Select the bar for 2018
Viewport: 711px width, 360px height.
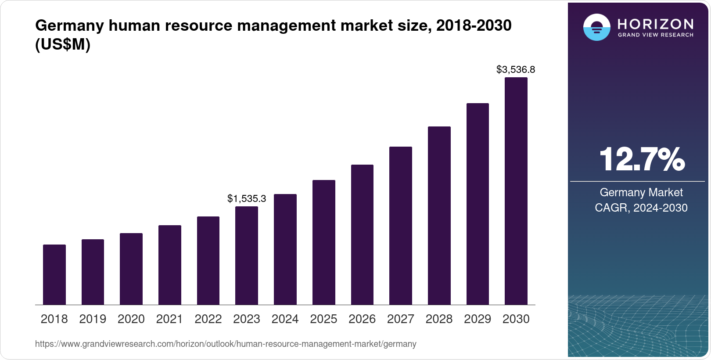(x=54, y=274)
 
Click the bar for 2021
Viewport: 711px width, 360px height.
(x=170, y=265)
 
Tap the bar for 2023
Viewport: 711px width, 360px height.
(x=247, y=256)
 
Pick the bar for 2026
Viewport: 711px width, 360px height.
(x=362, y=234)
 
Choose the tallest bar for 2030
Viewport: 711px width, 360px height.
(x=516, y=191)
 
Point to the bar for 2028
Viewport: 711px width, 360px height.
(x=439, y=216)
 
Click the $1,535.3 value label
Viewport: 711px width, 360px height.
(x=247, y=198)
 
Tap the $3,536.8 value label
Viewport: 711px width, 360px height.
(x=516, y=69)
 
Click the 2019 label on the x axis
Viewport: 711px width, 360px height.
(x=93, y=319)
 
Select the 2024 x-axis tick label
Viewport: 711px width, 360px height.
(x=285, y=319)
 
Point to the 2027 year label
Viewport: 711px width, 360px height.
(x=401, y=319)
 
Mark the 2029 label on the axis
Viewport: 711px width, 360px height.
(x=478, y=319)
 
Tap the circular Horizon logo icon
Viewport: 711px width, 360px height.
(x=596, y=27)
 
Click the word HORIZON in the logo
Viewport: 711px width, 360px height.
(x=656, y=24)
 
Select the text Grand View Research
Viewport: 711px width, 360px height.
(x=656, y=35)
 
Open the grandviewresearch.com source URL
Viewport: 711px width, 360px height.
(x=226, y=344)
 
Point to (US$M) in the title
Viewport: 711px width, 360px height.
(x=63, y=44)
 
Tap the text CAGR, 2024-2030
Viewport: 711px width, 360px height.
(x=641, y=208)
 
